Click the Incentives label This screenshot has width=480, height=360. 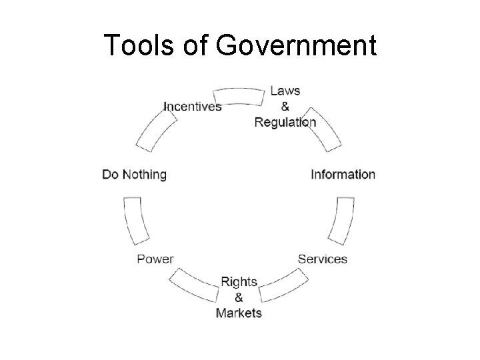coord(193,107)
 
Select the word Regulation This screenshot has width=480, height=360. coord(285,122)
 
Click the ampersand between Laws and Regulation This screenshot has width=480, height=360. coord(285,106)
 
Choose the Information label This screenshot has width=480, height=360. coord(343,175)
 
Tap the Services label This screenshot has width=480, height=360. coord(322,259)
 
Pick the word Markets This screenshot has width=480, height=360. coord(239,313)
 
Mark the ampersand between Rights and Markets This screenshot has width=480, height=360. coord(239,297)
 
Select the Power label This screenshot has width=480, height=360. coord(155,259)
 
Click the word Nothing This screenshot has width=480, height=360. coord(144,175)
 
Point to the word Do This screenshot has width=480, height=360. coord(110,175)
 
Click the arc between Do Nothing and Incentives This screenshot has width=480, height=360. coord(156,131)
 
